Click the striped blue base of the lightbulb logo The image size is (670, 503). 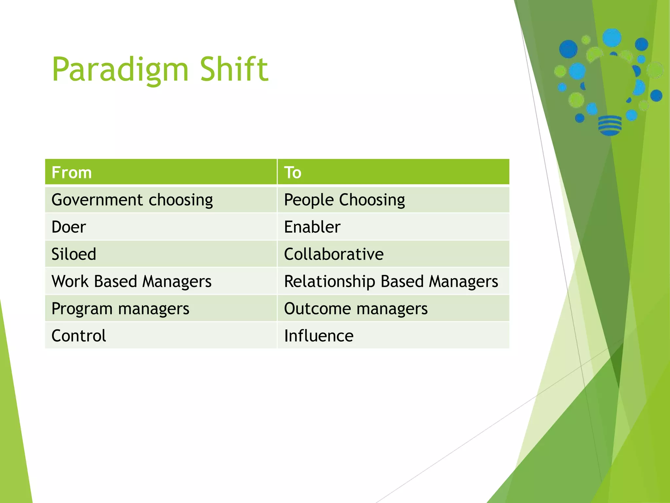click(x=609, y=125)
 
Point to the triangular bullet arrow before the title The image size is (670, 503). click(x=13, y=409)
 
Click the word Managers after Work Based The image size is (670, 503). click(x=177, y=281)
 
